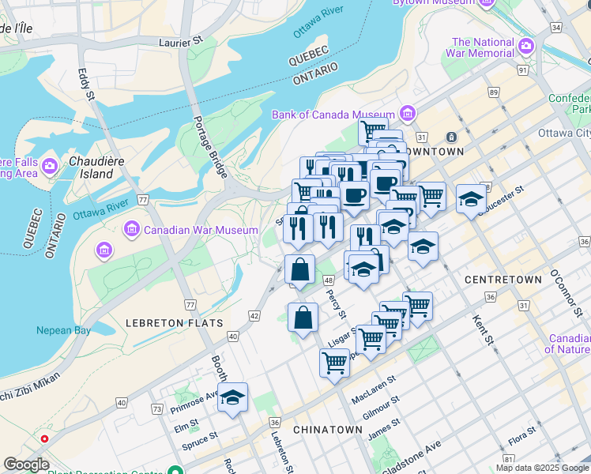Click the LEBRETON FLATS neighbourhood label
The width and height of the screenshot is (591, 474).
coord(174,323)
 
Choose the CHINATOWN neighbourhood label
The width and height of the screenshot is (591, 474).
coord(327,430)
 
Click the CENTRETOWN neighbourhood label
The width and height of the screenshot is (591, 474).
coord(503,280)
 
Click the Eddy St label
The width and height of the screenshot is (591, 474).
coord(86,84)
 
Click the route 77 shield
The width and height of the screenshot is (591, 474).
coord(190,304)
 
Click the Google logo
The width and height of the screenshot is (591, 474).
coord(26,465)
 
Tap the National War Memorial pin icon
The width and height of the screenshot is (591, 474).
coord(526,48)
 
